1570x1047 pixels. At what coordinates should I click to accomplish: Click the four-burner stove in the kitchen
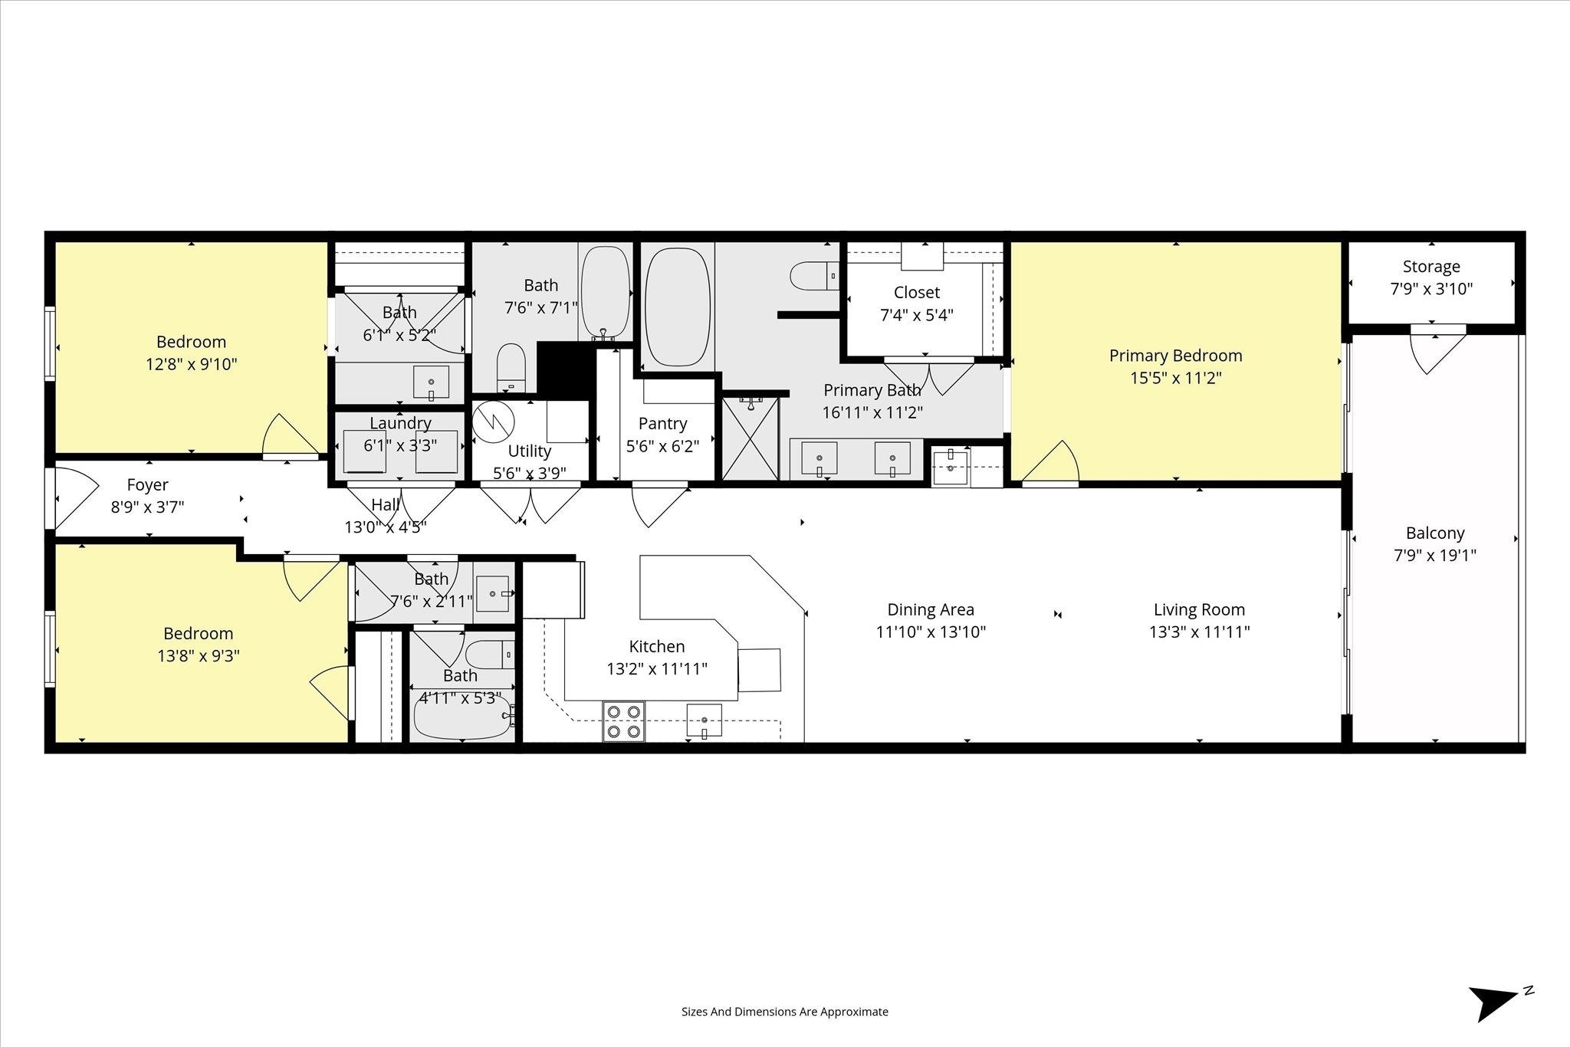[x=623, y=721]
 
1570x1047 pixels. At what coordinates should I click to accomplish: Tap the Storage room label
[x=1431, y=267]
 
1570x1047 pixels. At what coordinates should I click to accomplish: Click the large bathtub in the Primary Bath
[x=678, y=306]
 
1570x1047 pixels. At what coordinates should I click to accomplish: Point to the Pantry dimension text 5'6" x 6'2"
[x=663, y=446]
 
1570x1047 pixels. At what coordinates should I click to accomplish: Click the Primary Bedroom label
[x=1175, y=356]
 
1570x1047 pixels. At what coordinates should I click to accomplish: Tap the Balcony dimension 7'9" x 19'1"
[x=1435, y=555]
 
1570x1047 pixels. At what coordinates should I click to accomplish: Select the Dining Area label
[x=931, y=609]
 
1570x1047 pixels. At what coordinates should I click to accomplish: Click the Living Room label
[x=1199, y=609]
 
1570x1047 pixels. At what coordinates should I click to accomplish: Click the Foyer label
[x=147, y=484]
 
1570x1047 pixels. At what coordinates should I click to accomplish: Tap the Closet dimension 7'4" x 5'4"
[x=917, y=315]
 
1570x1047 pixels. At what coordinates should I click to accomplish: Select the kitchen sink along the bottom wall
[x=705, y=721]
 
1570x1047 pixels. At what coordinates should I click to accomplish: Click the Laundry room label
[x=400, y=423]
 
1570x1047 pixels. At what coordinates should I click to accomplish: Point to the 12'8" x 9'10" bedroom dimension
[x=192, y=364]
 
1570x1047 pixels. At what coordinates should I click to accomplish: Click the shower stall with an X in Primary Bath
[x=750, y=438]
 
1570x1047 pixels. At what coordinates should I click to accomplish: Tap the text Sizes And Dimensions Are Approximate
[x=785, y=1012]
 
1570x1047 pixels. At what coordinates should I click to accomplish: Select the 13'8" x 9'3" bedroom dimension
[x=198, y=656]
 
